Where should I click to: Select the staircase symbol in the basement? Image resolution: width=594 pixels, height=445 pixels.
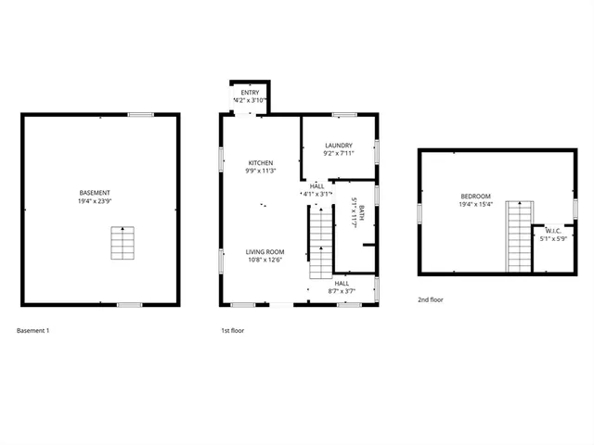123,243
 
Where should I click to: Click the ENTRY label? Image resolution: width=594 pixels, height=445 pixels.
251,93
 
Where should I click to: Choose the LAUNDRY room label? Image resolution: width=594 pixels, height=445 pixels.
338,146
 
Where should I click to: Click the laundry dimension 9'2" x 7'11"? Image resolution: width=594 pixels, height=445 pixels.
338,154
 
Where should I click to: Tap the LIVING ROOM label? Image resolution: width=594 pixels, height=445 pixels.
265,252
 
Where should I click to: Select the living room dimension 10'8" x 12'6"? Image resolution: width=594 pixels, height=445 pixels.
265,261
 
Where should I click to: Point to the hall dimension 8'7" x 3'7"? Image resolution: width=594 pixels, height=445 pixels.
342,291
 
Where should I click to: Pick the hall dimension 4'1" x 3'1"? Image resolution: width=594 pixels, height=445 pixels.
316,195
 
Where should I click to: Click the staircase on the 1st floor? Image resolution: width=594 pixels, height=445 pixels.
320,242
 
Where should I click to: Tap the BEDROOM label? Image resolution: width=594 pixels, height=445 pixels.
476,197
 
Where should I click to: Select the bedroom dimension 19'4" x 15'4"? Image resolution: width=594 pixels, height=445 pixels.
476,205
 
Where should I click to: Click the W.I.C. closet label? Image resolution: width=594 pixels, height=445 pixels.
554,231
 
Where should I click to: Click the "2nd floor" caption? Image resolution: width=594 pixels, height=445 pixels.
431,300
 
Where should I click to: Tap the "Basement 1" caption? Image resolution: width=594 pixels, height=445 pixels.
33,330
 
